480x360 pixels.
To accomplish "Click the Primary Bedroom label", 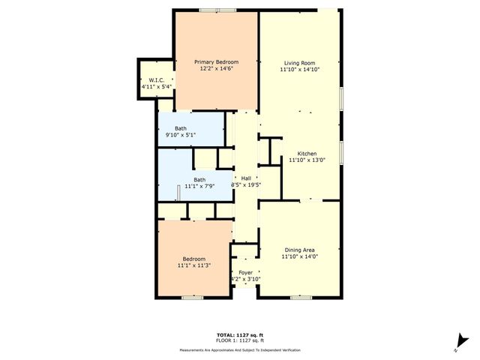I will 216,61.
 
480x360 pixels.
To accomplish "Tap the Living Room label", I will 299,63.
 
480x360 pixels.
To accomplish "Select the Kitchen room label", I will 307,152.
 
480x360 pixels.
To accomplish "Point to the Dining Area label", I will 299,250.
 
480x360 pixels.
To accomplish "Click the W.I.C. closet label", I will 157,80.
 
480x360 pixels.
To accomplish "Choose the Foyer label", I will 245,272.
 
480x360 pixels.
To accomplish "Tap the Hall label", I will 245,178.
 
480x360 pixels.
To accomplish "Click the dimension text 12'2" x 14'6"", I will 216,69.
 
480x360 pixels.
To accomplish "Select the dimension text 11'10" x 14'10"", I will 299,70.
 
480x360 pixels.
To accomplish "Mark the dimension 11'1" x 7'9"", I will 199,187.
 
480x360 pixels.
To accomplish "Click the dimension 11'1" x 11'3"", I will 193,265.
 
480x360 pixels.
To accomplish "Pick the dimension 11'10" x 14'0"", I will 299,256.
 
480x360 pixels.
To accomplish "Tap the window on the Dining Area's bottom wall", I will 301,298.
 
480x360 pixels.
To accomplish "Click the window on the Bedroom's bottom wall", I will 193,298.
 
